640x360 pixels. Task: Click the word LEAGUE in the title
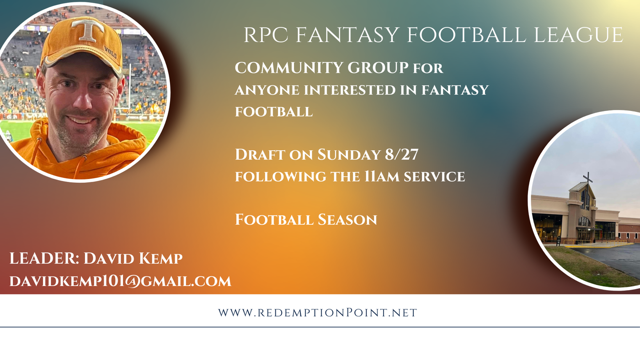point(578,35)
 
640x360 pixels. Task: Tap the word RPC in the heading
point(266,35)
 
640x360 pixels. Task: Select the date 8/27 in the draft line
point(401,154)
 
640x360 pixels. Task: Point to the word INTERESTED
point(350,90)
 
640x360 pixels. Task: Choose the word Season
point(347,220)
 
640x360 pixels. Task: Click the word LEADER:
point(44,259)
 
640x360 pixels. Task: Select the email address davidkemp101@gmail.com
point(120,281)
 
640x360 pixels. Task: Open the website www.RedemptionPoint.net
point(317,312)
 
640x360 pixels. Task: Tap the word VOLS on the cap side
point(110,52)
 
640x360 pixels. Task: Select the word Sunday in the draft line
point(349,154)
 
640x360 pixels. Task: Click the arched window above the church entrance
point(584,222)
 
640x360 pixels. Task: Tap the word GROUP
point(378,68)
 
